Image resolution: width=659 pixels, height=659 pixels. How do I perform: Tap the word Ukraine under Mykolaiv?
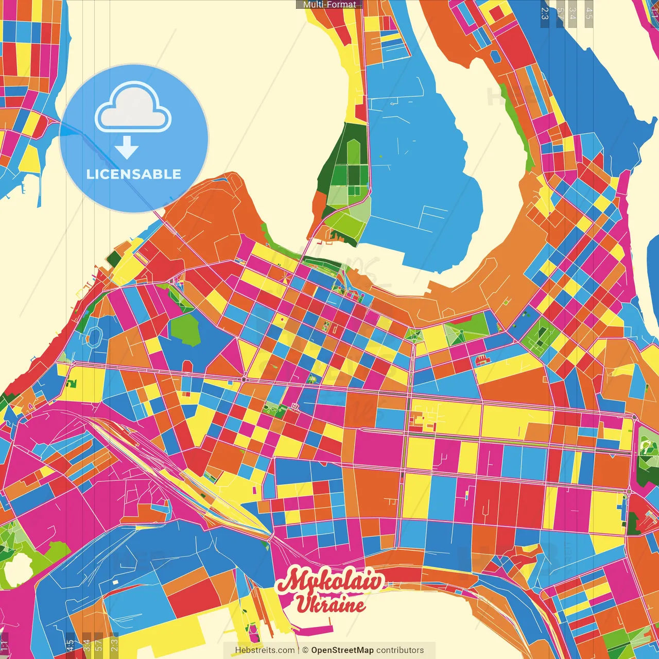(x=331, y=604)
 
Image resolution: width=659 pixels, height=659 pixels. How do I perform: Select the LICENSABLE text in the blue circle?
(x=134, y=174)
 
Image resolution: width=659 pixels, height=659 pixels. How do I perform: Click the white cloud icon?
(x=133, y=107)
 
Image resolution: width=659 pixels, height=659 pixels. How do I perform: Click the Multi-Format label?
(x=329, y=5)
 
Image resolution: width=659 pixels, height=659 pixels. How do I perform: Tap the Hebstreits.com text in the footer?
(x=265, y=650)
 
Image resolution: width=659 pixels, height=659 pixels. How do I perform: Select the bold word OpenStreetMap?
(x=342, y=650)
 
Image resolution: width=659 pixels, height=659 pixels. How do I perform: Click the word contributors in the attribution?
(x=400, y=650)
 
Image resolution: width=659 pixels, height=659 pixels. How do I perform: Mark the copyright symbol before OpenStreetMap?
(x=305, y=650)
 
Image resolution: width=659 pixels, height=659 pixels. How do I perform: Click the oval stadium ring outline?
(x=94, y=336)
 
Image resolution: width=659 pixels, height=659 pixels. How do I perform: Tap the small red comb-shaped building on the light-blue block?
(x=482, y=359)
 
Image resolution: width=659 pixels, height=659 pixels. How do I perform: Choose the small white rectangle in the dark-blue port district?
(x=115, y=582)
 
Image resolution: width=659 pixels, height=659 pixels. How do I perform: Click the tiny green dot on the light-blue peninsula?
(x=381, y=157)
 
